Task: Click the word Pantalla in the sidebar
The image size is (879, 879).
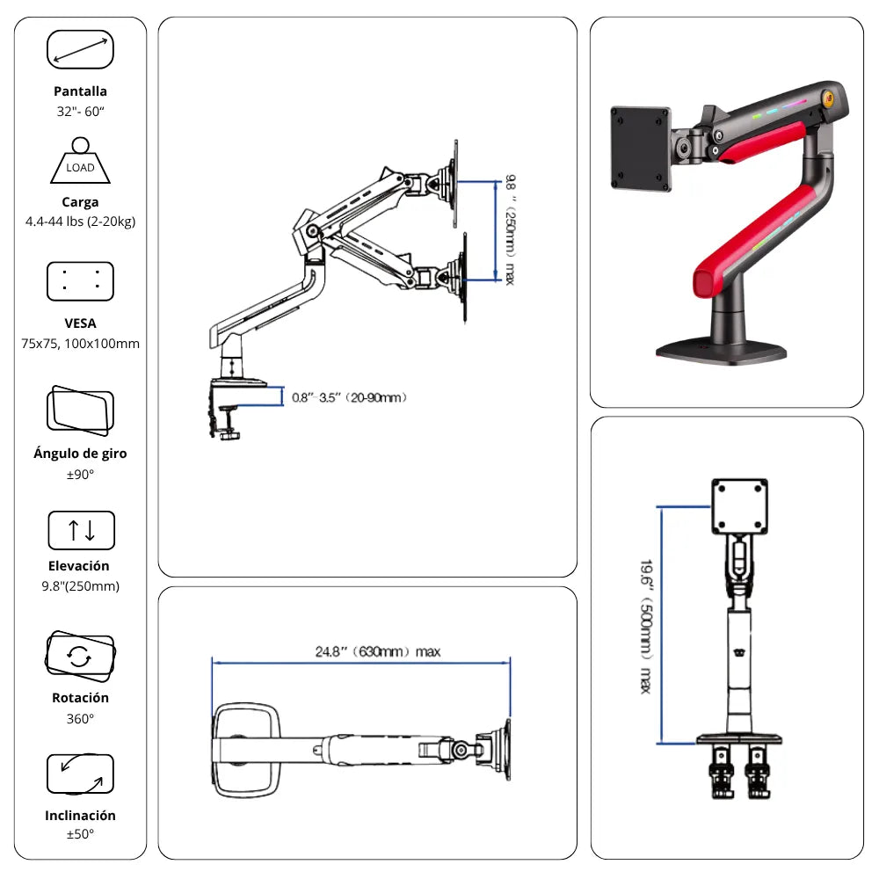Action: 80,91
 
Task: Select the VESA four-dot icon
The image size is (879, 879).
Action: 80,281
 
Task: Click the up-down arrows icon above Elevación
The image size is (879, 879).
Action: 81,530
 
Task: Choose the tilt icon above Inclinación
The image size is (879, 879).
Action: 80,774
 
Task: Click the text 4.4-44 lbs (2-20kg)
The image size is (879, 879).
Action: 80,221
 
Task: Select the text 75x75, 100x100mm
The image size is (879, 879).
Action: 80,344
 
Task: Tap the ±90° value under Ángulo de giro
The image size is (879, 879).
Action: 80,475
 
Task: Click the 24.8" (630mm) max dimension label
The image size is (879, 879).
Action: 378,652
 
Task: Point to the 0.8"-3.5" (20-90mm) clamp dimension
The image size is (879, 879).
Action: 349,397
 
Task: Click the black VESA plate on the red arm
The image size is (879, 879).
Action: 640,149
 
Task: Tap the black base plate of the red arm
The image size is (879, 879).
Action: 721,350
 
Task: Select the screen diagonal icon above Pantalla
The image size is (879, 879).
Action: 80,49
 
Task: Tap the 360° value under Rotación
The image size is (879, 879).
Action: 80,718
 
